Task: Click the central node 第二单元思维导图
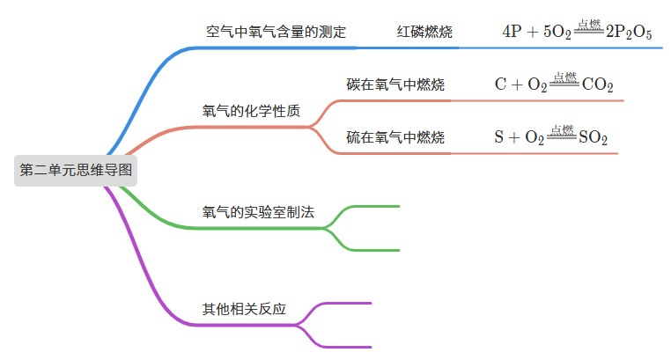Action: tap(76, 170)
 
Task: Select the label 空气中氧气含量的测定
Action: tap(276, 33)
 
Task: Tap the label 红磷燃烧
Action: tap(424, 33)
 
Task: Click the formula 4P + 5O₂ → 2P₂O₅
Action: tap(577, 33)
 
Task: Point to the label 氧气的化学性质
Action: tap(251, 112)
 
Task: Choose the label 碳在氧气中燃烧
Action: tap(395, 85)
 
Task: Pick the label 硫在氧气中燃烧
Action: tap(395, 137)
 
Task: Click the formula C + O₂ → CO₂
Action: tap(554, 85)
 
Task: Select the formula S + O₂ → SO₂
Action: tap(551, 137)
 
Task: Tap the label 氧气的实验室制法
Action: tap(258, 213)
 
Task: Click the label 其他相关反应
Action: tap(244, 310)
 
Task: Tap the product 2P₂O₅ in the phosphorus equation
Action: tap(630, 33)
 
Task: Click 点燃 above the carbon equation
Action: tap(564, 77)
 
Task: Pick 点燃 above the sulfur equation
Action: tap(561, 129)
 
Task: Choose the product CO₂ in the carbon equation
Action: tap(598, 86)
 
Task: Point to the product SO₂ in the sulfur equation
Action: tap(593, 138)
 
